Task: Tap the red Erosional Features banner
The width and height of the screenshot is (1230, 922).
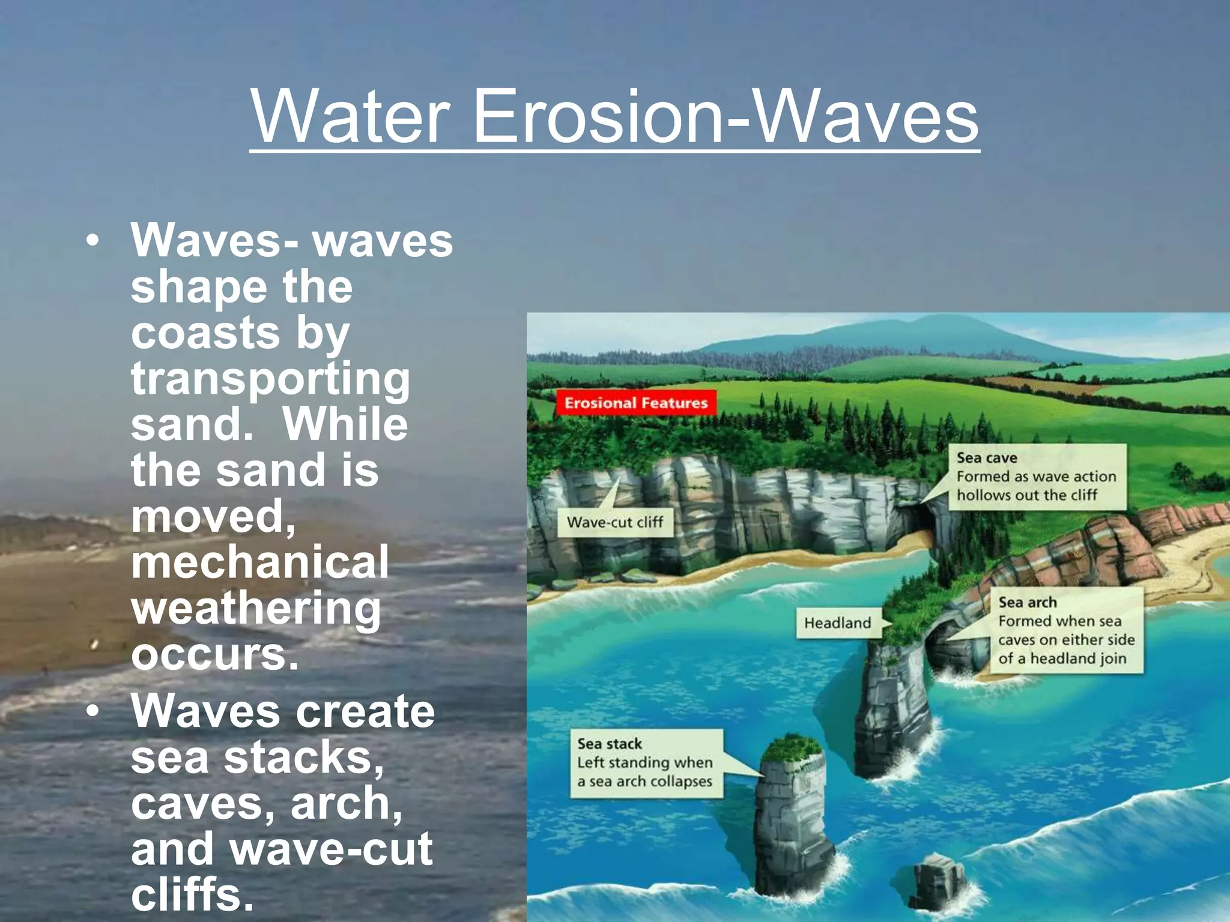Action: click(636, 403)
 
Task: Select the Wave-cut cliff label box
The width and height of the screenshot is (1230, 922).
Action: click(614, 522)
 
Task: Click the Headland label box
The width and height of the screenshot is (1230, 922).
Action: click(837, 623)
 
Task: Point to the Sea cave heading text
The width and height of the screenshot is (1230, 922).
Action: click(986, 458)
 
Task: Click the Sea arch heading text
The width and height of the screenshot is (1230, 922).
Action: click(1027, 602)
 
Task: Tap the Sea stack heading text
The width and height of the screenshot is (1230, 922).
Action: click(609, 744)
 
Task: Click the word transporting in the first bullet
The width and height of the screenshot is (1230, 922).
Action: click(270, 379)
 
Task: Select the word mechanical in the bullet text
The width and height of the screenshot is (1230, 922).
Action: click(259, 562)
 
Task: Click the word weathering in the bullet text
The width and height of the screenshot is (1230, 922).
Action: click(256, 609)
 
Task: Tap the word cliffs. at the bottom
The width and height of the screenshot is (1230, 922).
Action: click(192, 894)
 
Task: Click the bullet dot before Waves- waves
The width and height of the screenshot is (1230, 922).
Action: click(92, 241)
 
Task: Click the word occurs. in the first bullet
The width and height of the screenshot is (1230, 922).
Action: click(214, 654)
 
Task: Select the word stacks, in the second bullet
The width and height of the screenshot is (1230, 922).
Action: click(303, 758)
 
